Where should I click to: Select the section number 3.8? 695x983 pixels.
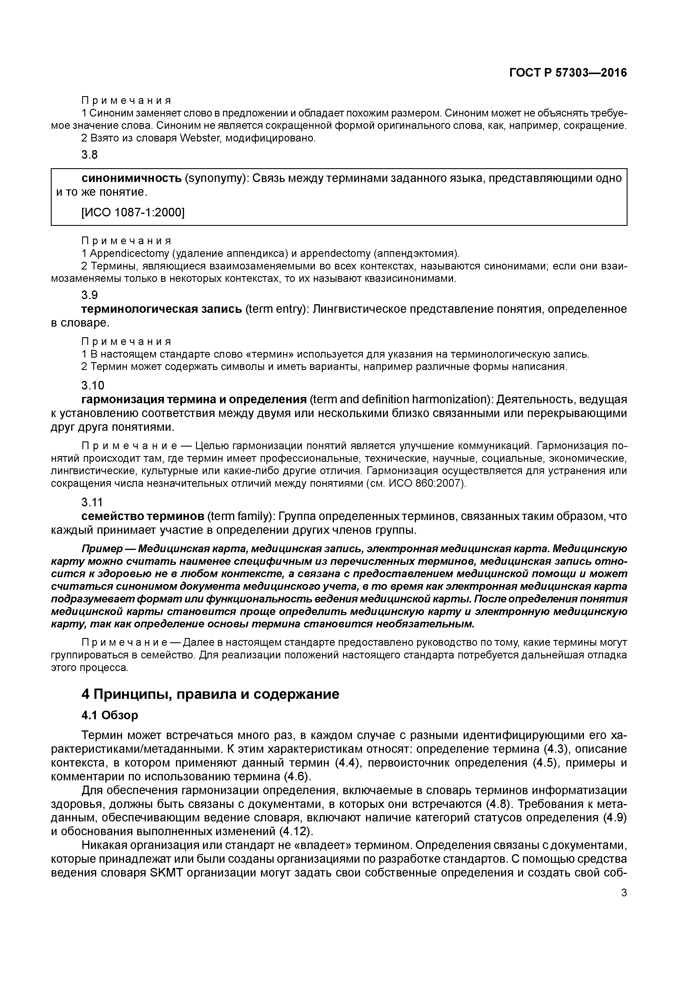(x=90, y=155)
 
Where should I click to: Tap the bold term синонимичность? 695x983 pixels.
(x=131, y=178)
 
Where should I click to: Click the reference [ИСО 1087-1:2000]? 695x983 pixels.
(x=133, y=212)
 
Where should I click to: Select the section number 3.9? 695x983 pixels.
(x=90, y=295)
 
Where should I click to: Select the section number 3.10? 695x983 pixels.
(x=92, y=385)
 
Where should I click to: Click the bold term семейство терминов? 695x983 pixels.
(x=143, y=516)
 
